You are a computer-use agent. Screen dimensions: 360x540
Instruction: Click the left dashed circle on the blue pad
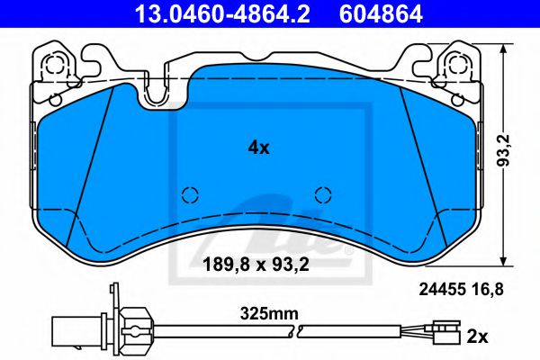[x=190, y=194]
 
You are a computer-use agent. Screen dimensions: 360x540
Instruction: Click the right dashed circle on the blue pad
[x=324, y=194]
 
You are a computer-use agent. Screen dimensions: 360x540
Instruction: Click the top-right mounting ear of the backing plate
[x=450, y=65]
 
